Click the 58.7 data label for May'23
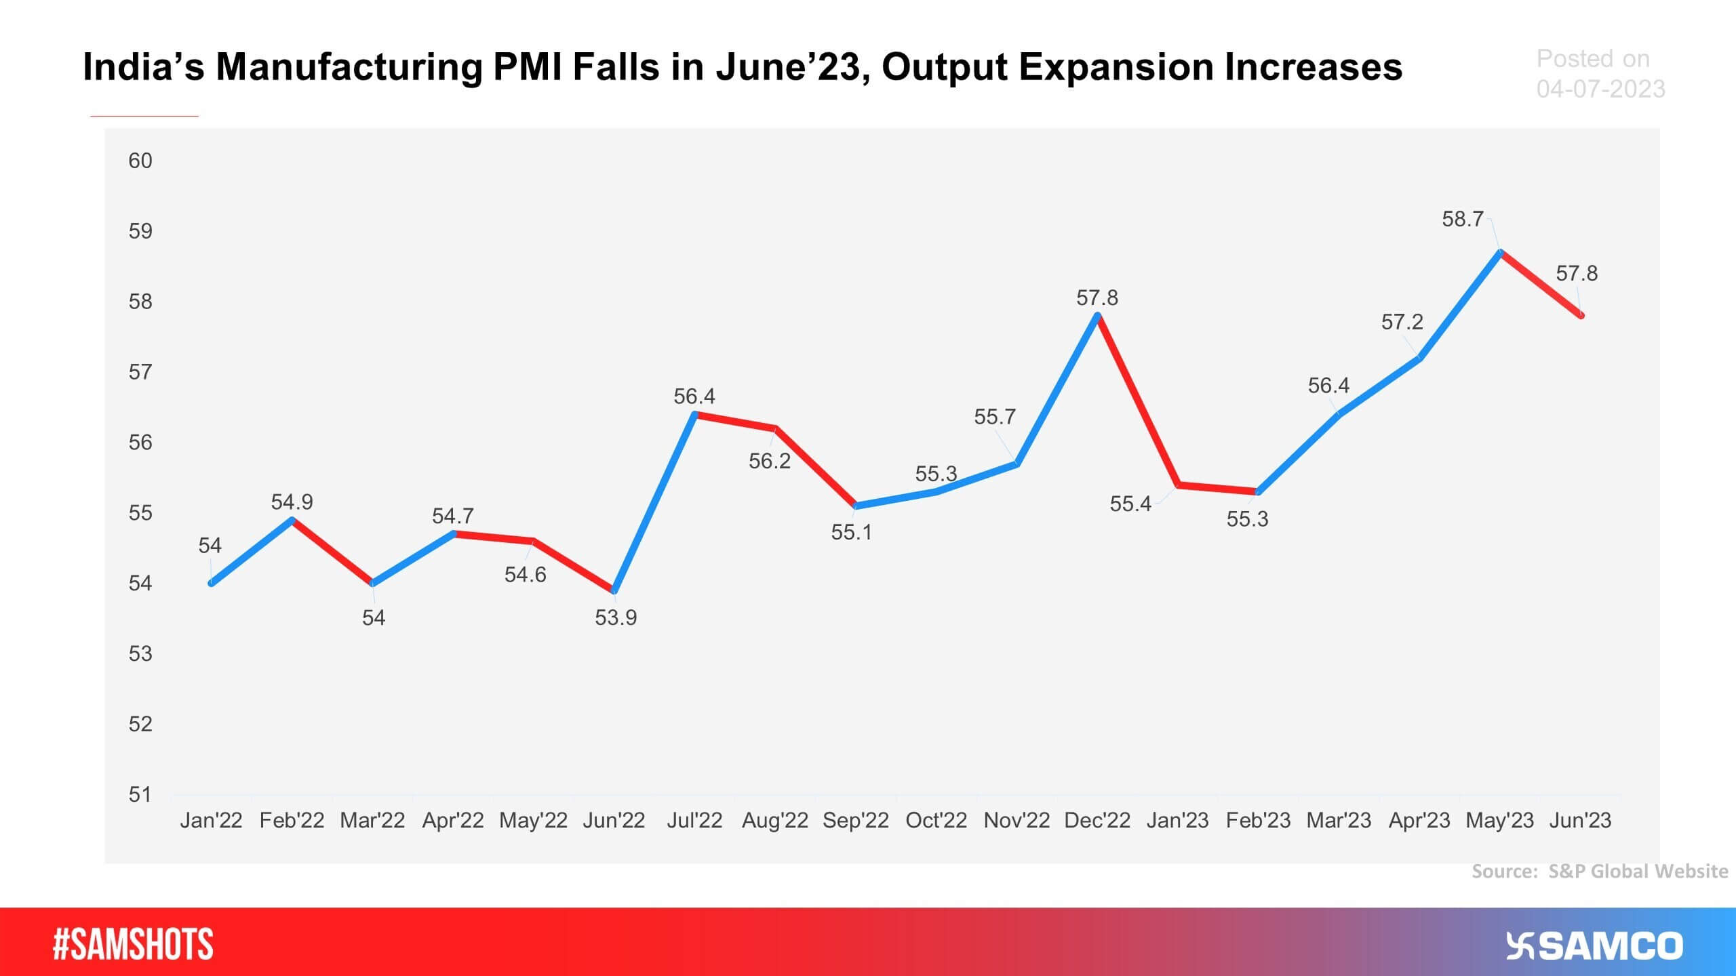[1462, 219]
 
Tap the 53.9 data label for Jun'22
[616, 617]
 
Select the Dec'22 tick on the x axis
[1097, 820]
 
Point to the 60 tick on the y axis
[140, 161]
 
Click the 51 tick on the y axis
[140, 794]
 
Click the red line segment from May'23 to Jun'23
[1541, 283]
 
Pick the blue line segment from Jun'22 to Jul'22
[654, 502]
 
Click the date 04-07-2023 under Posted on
[1600, 89]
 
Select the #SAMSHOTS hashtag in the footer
[133, 945]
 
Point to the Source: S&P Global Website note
[1599, 871]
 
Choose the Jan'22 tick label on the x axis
[211, 820]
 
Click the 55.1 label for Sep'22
[852, 532]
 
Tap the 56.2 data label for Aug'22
[769, 461]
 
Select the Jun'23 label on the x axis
[1580, 820]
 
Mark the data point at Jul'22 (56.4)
[694, 413]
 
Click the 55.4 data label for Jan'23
[1130, 504]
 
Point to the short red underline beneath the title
[144, 116]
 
